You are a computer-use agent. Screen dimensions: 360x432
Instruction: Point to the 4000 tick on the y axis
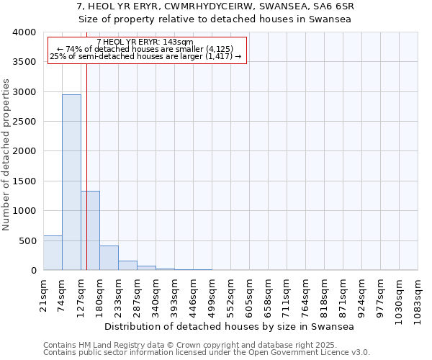(x=24, y=32)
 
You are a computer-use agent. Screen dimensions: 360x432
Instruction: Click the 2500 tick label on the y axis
(x=24, y=122)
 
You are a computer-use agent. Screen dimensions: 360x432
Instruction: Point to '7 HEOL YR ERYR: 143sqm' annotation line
(x=145, y=42)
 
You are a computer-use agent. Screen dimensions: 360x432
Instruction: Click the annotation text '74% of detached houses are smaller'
(x=144, y=49)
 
